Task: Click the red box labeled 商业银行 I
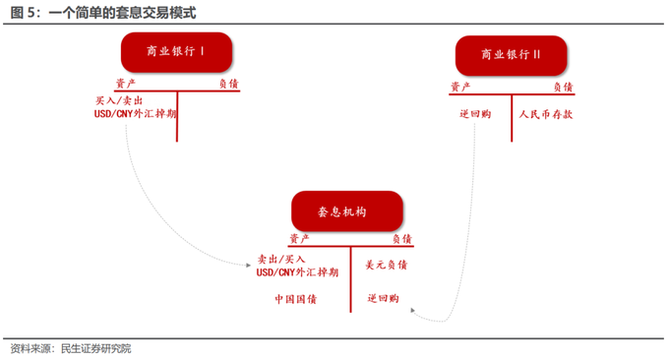pyautogui.click(x=177, y=53)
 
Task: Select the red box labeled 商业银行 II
pyautogui.click(x=512, y=55)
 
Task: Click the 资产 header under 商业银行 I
pyautogui.click(x=127, y=84)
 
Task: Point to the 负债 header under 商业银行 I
pyautogui.click(x=228, y=84)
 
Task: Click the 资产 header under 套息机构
pyautogui.click(x=300, y=239)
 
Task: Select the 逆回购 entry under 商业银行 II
pyautogui.click(x=475, y=113)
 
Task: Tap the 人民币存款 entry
pyautogui.click(x=546, y=113)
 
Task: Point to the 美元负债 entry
pyautogui.click(x=387, y=265)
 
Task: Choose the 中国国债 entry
pyautogui.click(x=295, y=299)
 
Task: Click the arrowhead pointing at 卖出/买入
pyautogui.click(x=248, y=264)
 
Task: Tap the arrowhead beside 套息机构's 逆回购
pyautogui.click(x=416, y=312)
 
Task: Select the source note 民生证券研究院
pyautogui.click(x=95, y=347)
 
